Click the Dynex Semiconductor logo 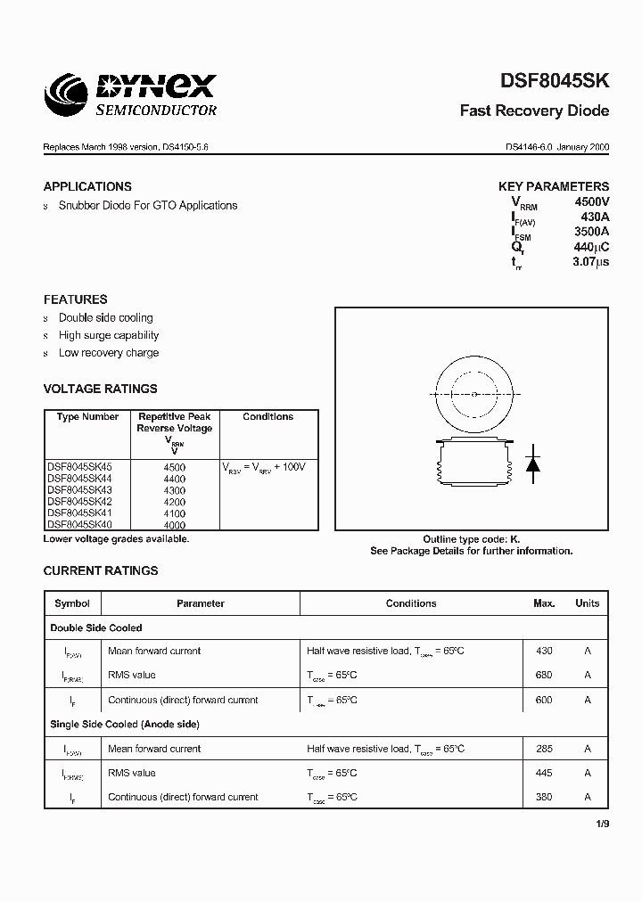tap(130, 94)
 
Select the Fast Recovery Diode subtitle tap(534, 111)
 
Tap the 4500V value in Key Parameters tap(591, 202)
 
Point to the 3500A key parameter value tap(591, 232)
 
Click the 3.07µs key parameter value tap(590, 262)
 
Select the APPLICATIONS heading tap(87, 186)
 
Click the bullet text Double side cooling tap(105, 317)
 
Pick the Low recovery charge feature tap(108, 353)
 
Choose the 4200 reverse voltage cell tap(175, 502)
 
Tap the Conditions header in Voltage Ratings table tap(267, 417)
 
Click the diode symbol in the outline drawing tap(532, 463)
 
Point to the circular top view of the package tap(473, 394)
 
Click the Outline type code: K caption tap(471, 539)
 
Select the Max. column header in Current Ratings tap(544, 603)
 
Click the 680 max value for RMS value tap(544, 676)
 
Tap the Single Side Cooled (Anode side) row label tap(125, 725)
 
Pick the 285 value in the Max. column tap(544, 749)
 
